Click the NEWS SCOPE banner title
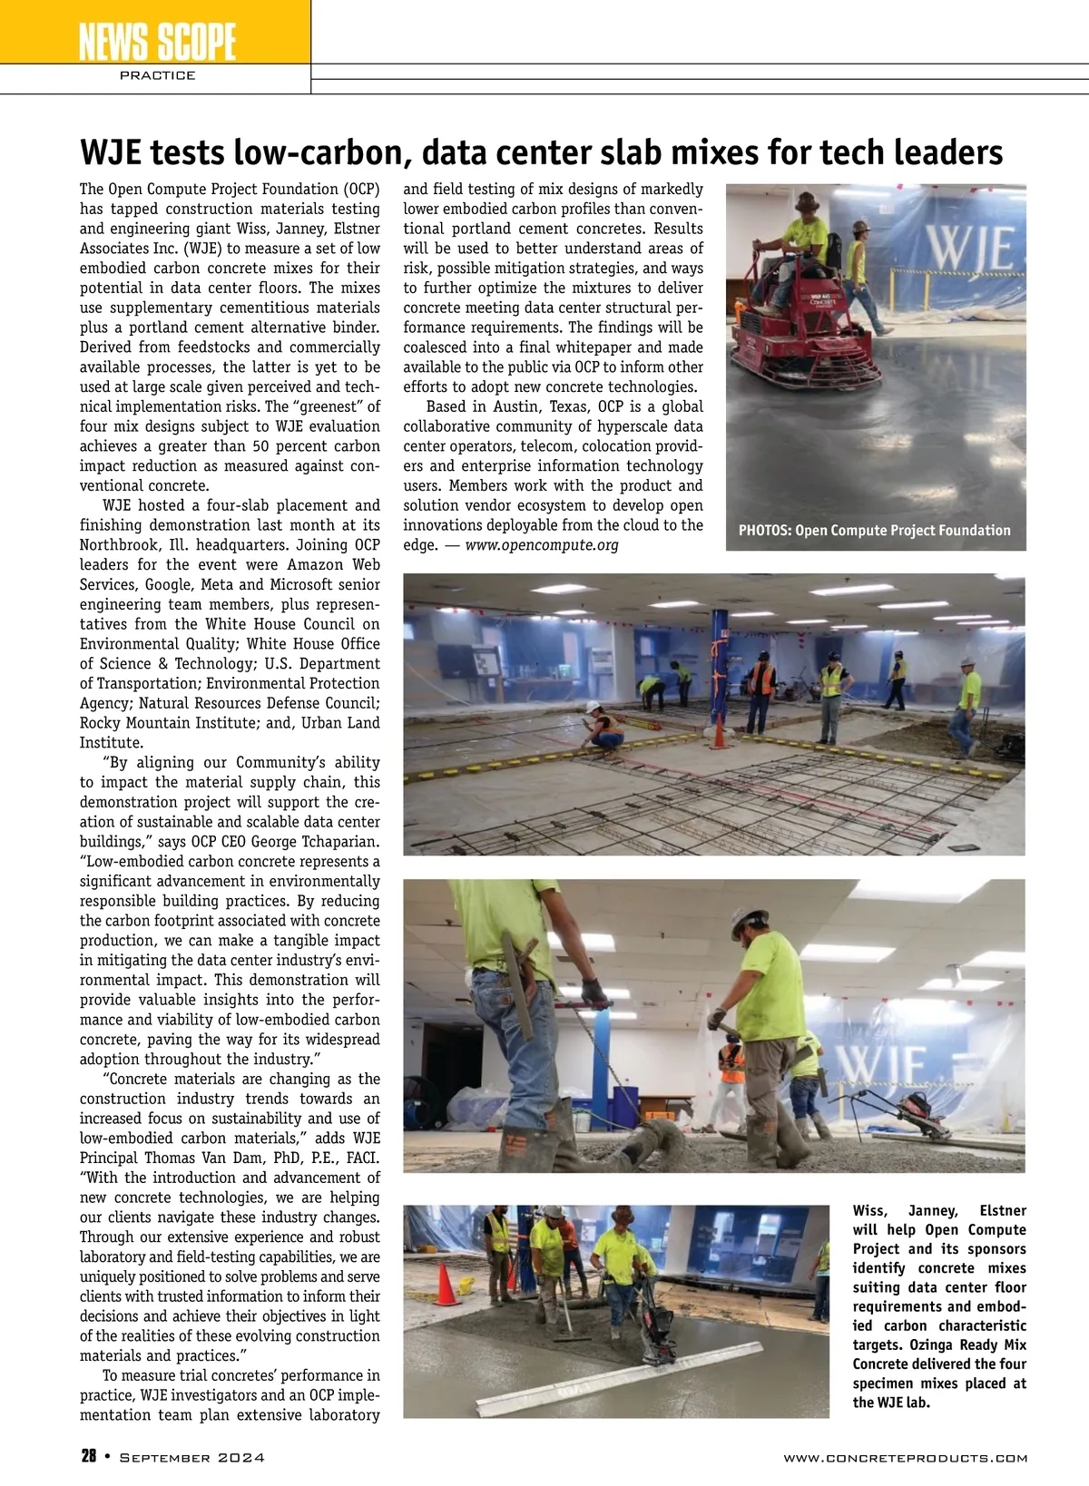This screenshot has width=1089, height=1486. [156, 42]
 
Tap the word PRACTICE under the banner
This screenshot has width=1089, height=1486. [157, 75]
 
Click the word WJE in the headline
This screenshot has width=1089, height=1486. [113, 152]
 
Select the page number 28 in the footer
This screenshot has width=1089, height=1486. [88, 1457]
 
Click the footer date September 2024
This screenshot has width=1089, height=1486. [192, 1458]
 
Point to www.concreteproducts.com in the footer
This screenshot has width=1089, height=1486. [905, 1458]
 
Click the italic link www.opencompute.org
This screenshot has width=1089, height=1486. [542, 545]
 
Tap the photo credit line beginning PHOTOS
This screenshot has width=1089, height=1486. [874, 531]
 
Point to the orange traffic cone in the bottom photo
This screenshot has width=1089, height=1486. [445, 1285]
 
